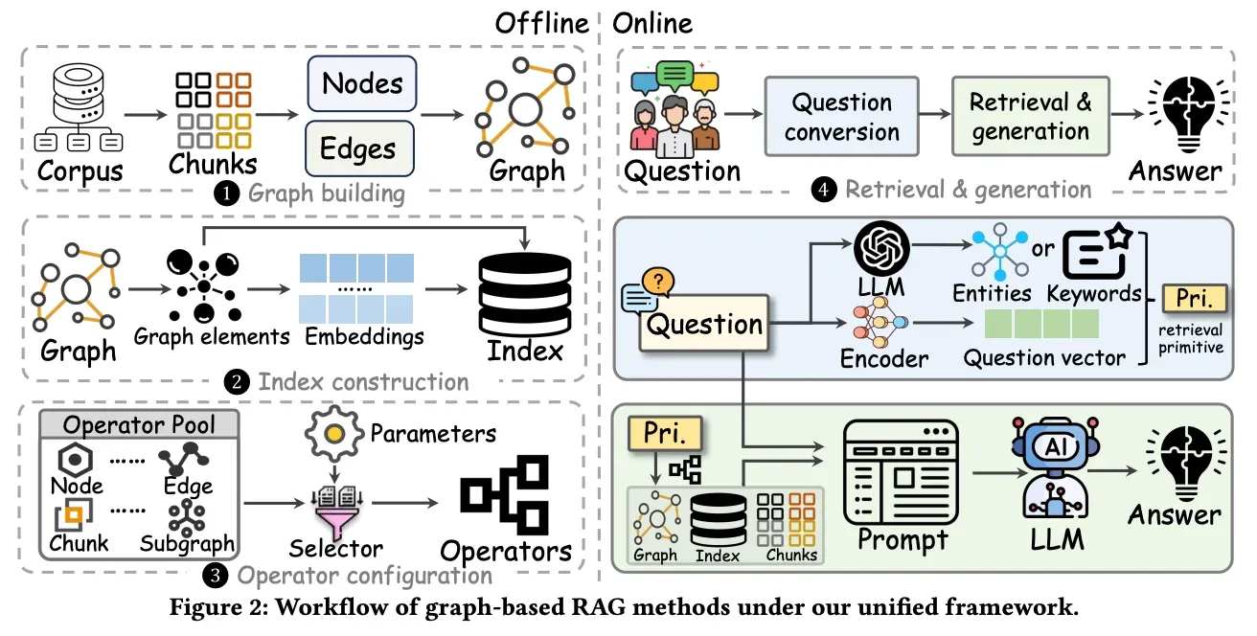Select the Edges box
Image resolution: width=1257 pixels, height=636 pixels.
pos(358,149)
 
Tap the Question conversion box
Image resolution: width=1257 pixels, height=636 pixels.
pos(842,117)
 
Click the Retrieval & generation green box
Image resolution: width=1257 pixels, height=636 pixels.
pos(1030,116)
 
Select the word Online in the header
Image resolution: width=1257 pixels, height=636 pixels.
pos(652,24)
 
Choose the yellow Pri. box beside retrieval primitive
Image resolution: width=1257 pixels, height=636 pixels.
pos(1193,299)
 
